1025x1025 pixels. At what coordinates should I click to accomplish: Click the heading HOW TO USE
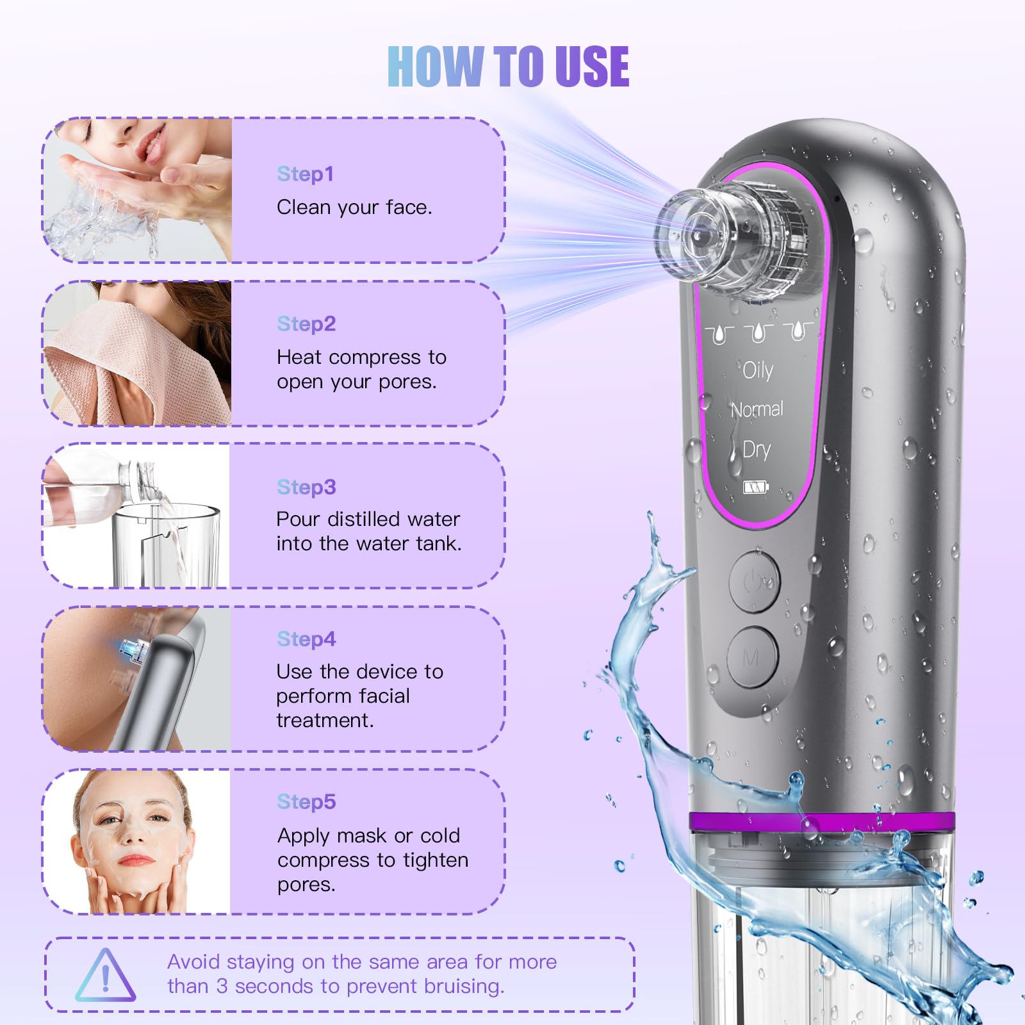(508, 66)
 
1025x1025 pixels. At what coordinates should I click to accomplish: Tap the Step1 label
(305, 174)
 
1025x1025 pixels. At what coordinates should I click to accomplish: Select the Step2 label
(306, 324)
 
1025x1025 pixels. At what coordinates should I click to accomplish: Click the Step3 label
(306, 487)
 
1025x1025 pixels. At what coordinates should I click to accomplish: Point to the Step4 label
(306, 639)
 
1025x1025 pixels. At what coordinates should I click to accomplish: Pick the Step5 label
(306, 801)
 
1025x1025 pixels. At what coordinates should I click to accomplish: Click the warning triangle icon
(105, 975)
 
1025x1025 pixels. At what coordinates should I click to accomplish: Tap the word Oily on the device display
(758, 370)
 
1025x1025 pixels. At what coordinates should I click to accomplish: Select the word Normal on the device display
(757, 409)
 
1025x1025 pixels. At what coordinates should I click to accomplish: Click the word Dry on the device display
(757, 450)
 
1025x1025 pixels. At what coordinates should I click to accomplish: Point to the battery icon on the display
(756, 488)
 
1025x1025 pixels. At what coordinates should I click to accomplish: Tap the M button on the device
(753, 658)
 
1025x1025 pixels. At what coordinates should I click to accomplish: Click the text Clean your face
(354, 208)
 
